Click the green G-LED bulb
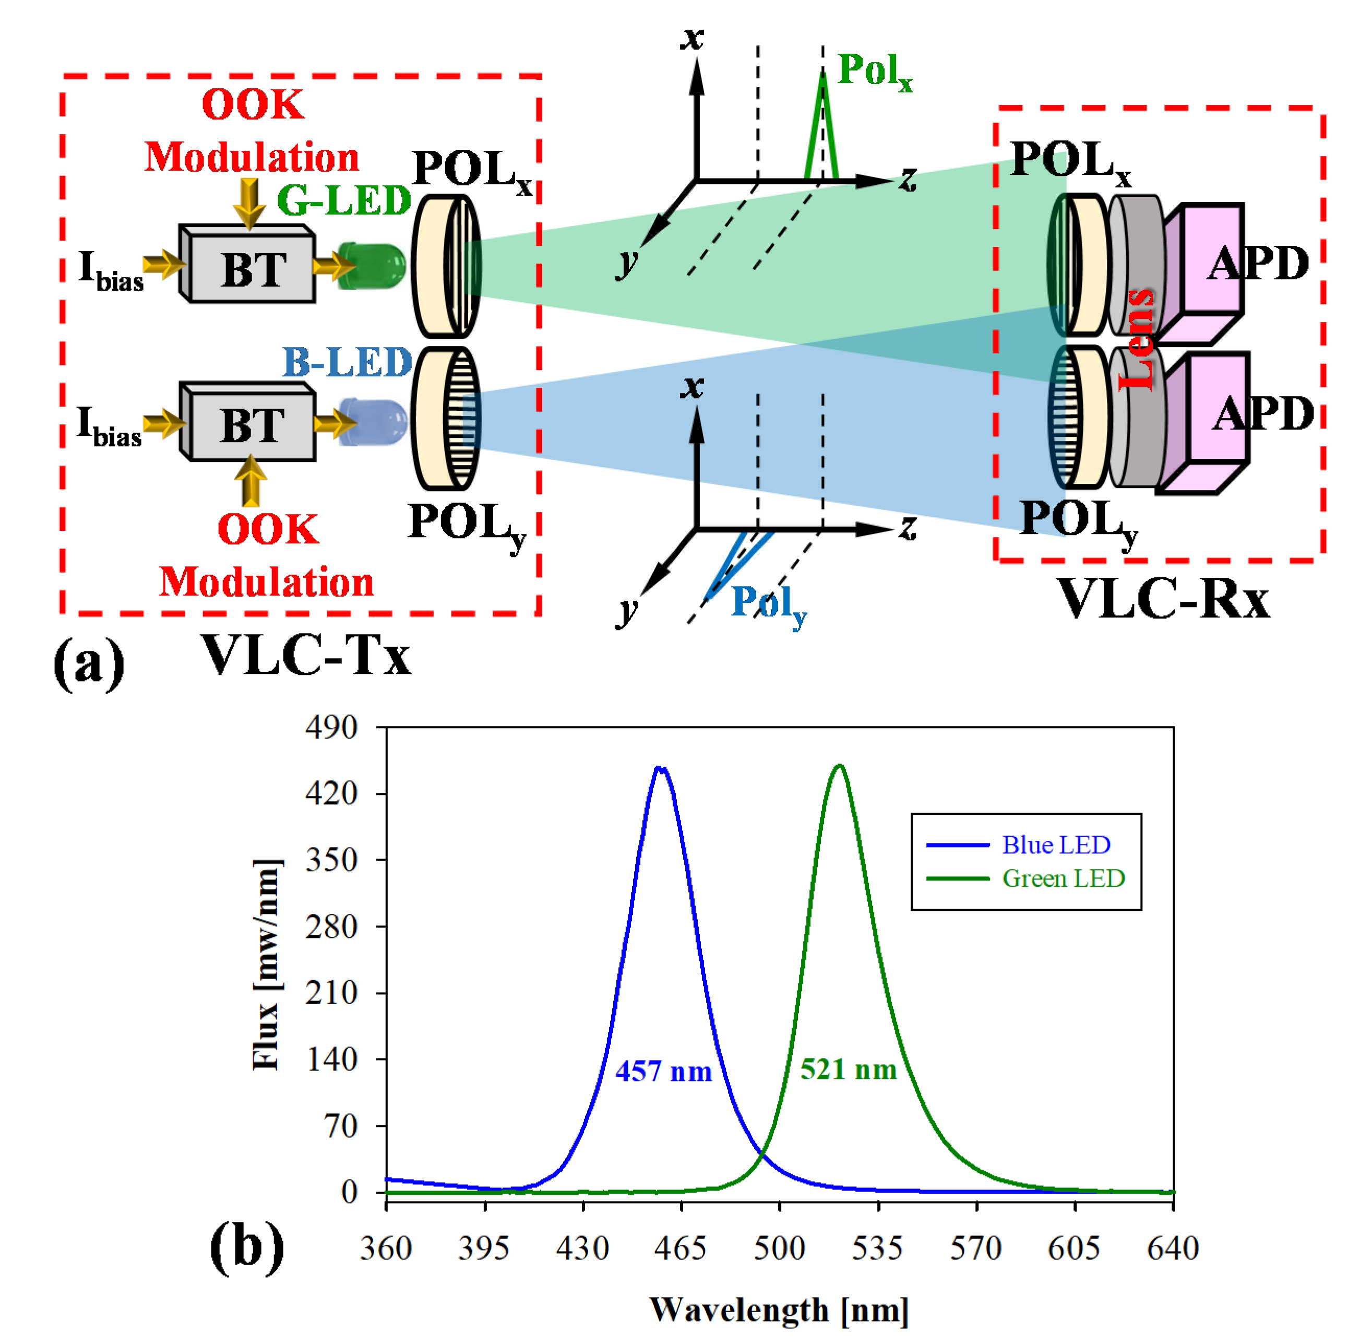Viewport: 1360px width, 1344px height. click(x=371, y=266)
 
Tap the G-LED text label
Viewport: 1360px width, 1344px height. click(x=343, y=200)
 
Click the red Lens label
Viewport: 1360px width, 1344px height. click(x=1137, y=339)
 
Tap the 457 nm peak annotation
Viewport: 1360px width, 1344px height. click(x=663, y=1072)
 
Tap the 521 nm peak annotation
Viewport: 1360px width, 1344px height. click(x=848, y=1069)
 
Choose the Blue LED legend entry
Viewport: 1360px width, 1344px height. click(x=1055, y=845)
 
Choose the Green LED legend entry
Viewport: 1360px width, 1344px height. click(x=1062, y=878)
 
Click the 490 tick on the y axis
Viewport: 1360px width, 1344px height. click(x=331, y=727)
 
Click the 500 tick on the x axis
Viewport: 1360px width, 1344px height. click(x=779, y=1249)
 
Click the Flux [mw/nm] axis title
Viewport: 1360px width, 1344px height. click(x=266, y=965)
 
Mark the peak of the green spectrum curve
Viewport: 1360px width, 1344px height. click(x=838, y=766)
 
